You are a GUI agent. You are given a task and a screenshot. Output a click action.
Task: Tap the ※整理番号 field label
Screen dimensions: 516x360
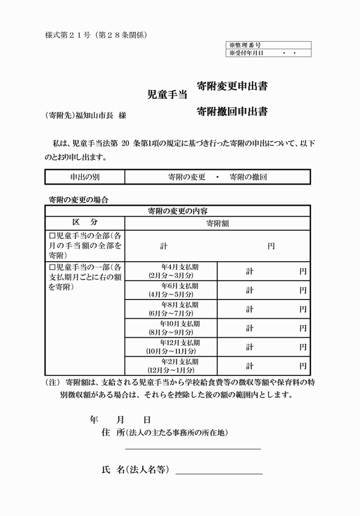tap(246, 45)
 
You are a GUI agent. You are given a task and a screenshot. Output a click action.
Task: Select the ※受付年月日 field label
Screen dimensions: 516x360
tap(247, 53)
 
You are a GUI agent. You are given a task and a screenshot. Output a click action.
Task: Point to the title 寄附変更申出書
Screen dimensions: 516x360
tap(231, 86)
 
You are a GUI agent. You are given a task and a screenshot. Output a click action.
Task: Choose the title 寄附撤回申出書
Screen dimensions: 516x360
tap(231, 111)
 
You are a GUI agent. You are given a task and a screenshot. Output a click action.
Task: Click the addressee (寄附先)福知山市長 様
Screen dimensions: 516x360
tap(85, 115)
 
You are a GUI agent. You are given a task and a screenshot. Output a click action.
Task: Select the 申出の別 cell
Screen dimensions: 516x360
tap(85, 177)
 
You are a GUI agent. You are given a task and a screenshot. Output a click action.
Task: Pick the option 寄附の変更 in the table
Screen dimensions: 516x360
tap(187, 177)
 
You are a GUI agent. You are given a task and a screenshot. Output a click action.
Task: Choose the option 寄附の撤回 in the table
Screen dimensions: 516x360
tap(248, 177)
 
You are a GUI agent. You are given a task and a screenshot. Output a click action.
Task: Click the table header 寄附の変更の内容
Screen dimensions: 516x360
tap(178, 211)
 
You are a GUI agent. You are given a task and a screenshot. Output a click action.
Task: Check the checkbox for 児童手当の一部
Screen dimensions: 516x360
tap(52, 267)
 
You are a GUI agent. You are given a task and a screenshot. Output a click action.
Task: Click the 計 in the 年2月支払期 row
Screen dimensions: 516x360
tap(250, 366)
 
